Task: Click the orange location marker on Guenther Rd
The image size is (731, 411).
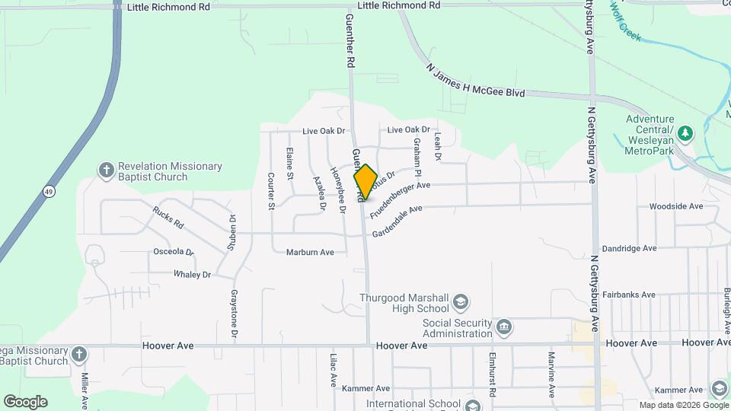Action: click(x=365, y=182)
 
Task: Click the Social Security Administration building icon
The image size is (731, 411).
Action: click(x=503, y=328)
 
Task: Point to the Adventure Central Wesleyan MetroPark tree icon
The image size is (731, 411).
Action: click(x=685, y=134)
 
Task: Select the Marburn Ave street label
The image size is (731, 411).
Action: click(x=310, y=252)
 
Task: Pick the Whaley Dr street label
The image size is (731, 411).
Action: click(x=192, y=274)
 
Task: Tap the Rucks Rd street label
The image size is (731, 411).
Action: click(x=168, y=218)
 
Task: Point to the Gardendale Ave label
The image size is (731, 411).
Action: click(x=397, y=221)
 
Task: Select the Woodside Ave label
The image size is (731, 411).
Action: click(x=675, y=206)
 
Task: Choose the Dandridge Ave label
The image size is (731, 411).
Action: click(x=629, y=248)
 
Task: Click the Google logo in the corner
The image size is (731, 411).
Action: click(x=25, y=401)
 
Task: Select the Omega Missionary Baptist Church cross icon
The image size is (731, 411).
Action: click(x=79, y=355)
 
